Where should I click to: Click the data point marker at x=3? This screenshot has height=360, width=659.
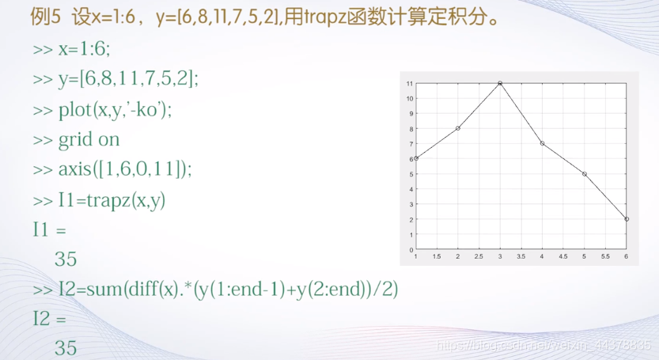[x=500, y=83]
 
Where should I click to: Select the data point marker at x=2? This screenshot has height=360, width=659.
[x=458, y=128]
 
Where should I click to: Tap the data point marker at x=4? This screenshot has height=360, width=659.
[x=542, y=143]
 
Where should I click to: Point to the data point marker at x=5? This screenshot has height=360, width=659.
[x=584, y=174]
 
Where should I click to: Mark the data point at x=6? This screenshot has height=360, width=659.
[x=627, y=219]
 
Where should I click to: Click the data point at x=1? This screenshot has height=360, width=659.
[x=416, y=158]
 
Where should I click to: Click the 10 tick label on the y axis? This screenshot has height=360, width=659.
[x=410, y=98]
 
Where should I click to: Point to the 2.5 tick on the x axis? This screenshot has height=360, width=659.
[x=479, y=256]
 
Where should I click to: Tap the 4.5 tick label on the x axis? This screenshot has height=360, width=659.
[x=563, y=256]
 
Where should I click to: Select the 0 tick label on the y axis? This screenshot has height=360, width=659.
[x=411, y=250]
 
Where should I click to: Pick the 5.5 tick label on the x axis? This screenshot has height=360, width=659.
[x=605, y=256]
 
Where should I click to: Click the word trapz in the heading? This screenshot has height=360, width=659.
[x=325, y=17]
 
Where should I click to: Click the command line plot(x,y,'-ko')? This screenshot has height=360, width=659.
[x=116, y=110]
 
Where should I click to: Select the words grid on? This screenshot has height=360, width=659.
[x=89, y=139]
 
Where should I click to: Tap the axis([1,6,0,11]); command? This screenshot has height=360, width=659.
[x=125, y=169]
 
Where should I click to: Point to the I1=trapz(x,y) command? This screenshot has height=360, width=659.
[x=112, y=200]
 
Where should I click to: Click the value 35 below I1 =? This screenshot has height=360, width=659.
[x=66, y=259]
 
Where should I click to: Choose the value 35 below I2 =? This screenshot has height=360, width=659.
[x=66, y=348]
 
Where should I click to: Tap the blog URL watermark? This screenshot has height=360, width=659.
[x=543, y=346]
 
